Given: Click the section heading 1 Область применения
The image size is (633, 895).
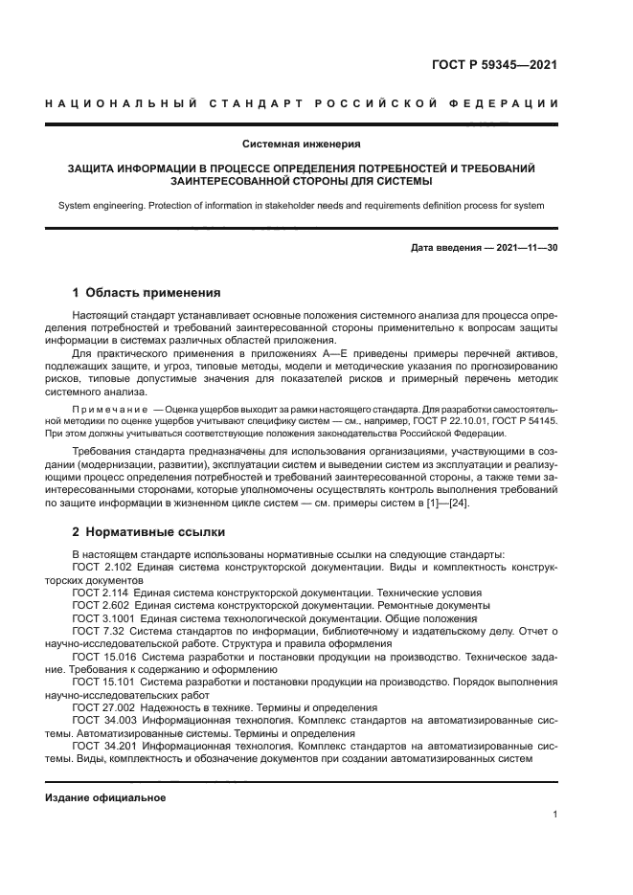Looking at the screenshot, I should pos(147,293).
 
